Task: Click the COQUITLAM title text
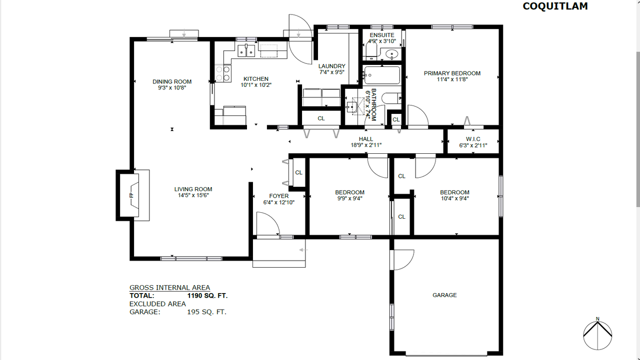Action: click(x=555, y=6)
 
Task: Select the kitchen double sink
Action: click(x=246, y=50)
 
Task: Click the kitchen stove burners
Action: click(x=223, y=73)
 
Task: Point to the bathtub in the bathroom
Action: click(x=382, y=75)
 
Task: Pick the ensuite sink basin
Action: click(x=391, y=54)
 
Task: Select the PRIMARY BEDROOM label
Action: click(x=452, y=73)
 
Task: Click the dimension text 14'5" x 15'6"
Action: click(x=193, y=195)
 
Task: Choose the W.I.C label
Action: click(x=473, y=139)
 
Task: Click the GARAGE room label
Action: click(x=444, y=295)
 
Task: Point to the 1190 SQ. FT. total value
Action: click(x=207, y=296)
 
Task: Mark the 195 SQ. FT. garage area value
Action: click(x=206, y=312)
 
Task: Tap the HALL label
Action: click(x=365, y=139)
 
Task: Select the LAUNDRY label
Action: click(x=331, y=66)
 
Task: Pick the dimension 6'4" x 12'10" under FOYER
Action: click(x=279, y=202)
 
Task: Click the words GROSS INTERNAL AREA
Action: click(x=169, y=288)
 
